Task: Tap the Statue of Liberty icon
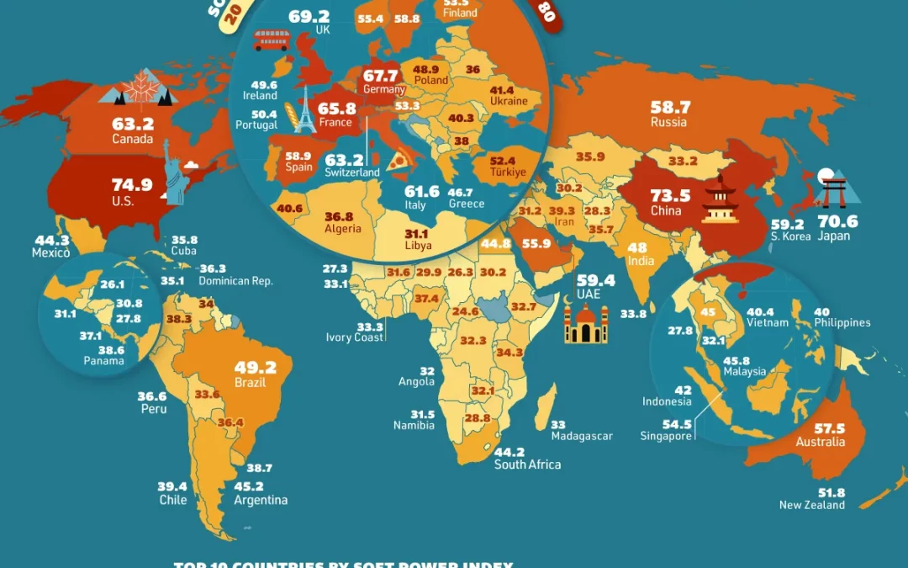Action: click(175, 173)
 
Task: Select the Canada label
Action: click(133, 139)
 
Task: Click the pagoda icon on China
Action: click(720, 200)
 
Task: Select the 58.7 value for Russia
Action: click(670, 108)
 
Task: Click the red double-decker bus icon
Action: click(271, 40)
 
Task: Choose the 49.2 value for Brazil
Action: click(251, 368)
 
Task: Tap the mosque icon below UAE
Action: click(585, 322)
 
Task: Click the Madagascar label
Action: click(582, 436)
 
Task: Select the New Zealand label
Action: click(811, 505)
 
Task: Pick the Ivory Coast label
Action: click(356, 337)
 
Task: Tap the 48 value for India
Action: click(636, 248)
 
